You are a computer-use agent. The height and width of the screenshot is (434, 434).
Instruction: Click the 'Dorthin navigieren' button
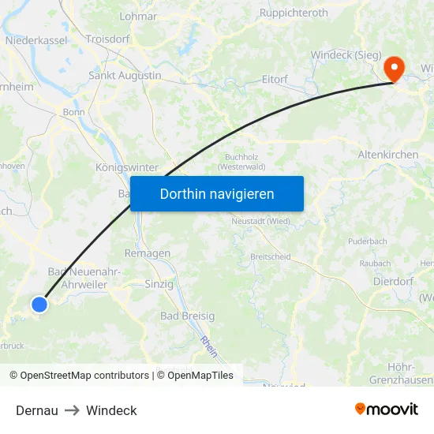(x=217, y=193)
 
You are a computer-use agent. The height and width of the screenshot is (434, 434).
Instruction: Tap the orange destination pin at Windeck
(x=393, y=69)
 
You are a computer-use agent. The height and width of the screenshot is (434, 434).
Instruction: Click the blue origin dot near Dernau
(x=39, y=304)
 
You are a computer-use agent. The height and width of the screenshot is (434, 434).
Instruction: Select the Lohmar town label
(x=138, y=16)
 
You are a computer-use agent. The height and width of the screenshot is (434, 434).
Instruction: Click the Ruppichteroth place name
(x=294, y=13)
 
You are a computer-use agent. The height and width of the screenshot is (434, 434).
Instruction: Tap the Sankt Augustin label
(x=125, y=76)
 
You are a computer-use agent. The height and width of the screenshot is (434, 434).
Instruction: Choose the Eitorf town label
(x=275, y=80)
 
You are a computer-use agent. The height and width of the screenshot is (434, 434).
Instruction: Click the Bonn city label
(x=73, y=112)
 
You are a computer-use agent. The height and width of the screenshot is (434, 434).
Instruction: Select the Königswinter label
(x=126, y=168)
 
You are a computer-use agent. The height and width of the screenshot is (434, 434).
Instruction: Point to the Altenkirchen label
(x=388, y=155)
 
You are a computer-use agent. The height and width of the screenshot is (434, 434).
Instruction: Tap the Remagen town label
(x=147, y=253)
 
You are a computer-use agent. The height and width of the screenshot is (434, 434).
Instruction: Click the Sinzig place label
(x=159, y=284)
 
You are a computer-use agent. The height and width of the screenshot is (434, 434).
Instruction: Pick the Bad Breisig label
(x=187, y=316)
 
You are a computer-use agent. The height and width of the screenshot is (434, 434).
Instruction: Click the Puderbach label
(x=367, y=241)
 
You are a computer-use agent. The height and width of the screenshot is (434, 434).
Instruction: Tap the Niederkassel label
(x=36, y=39)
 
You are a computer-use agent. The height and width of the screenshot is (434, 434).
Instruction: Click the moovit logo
(x=387, y=409)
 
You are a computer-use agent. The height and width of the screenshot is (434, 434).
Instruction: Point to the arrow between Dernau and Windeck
(x=72, y=410)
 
